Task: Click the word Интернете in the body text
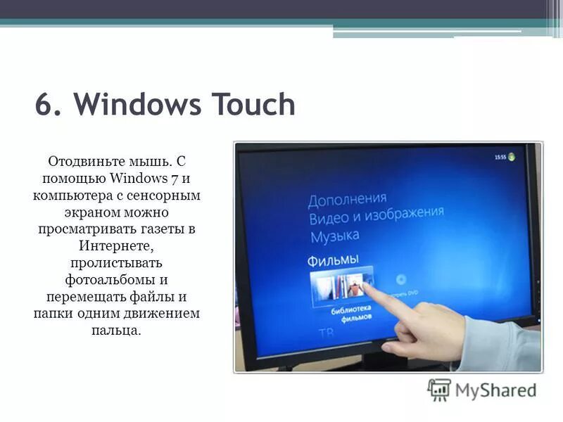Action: pos(116,246)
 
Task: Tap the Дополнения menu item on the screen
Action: pos(347,199)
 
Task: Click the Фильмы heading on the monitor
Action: pos(334,260)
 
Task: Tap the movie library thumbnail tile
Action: pos(342,286)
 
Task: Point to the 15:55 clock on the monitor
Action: pos(500,158)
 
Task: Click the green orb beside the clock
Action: pos(514,157)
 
